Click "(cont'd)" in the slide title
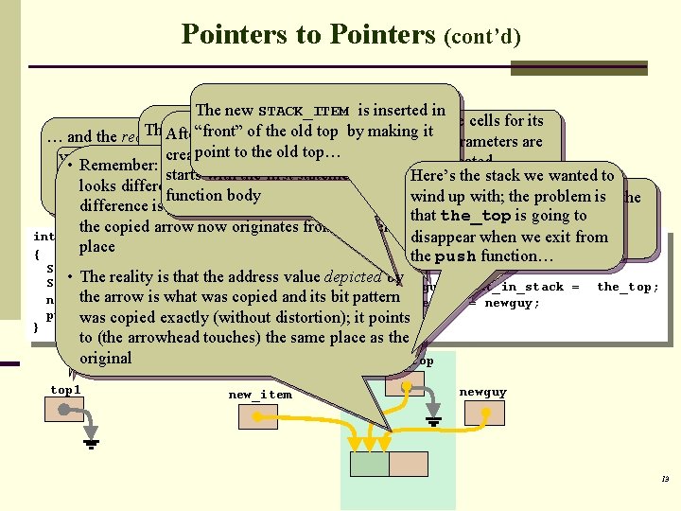[x=482, y=37]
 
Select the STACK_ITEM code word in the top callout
[x=303, y=112]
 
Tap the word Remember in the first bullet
[x=119, y=166]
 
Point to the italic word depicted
[x=356, y=276]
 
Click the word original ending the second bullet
[x=105, y=358]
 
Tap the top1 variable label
[x=66, y=390]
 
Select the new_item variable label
[x=260, y=395]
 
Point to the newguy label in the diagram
[x=482, y=392]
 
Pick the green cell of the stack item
[x=370, y=464]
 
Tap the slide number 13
[x=665, y=480]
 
